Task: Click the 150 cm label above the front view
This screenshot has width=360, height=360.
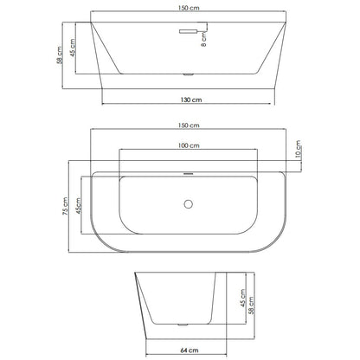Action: [x=189, y=8]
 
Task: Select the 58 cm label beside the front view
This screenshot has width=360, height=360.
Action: [x=60, y=55]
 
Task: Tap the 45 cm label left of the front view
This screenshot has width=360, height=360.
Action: [x=73, y=48]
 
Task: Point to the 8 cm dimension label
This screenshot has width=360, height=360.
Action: [x=203, y=40]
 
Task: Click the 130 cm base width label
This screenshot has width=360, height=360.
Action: [x=191, y=100]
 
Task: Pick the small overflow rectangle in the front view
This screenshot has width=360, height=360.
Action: [x=188, y=31]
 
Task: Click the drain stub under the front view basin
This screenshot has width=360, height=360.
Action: [x=189, y=75]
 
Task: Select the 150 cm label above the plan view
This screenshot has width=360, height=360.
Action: [x=189, y=125]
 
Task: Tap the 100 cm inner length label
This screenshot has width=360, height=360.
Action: [x=189, y=145]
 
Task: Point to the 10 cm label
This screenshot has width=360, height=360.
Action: [x=299, y=149]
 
